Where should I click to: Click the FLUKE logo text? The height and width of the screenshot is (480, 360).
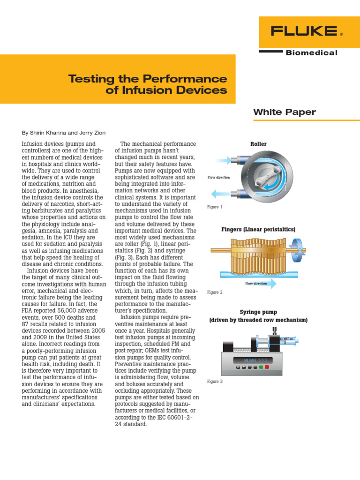tap(304, 31)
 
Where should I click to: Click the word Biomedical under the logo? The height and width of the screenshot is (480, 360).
tap(311, 53)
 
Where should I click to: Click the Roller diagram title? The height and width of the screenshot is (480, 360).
tap(258, 144)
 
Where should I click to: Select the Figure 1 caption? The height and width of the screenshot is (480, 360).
tap(215, 207)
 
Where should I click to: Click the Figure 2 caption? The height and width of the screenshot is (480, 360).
tap(215, 292)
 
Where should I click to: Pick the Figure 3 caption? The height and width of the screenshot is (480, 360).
tap(215, 382)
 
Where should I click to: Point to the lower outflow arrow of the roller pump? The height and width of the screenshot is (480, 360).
tap(220, 193)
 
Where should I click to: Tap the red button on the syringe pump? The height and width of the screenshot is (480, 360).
tap(267, 367)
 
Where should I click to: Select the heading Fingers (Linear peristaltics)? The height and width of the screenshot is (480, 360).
tap(258, 230)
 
